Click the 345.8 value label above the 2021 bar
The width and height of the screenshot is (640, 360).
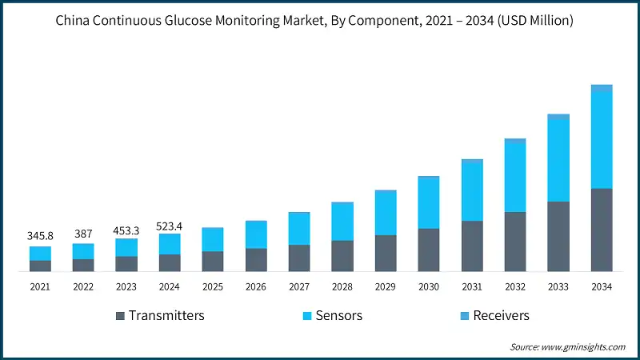pos(40,237)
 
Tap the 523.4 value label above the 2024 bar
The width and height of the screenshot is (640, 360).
pos(169,225)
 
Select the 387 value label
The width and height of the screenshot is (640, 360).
pos(83,234)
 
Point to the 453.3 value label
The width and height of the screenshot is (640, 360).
pos(126,230)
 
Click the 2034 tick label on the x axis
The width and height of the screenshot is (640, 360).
pos(601,286)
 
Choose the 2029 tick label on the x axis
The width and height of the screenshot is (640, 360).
pos(386,286)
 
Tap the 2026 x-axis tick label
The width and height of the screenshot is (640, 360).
pos(256,286)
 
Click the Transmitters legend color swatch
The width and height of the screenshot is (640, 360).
pos(121,316)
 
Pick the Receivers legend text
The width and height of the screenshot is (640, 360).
pos(501,315)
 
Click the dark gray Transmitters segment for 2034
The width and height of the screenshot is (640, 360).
pos(601,230)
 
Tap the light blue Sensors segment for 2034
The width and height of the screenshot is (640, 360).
pos(601,140)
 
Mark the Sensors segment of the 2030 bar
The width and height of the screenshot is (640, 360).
pos(429,203)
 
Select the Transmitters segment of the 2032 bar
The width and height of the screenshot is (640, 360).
pos(515,242)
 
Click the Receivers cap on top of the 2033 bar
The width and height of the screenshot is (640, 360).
pos(558,116)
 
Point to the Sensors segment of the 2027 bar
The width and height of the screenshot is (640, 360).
pos(299,229)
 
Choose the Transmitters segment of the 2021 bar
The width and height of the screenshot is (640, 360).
pos(40,266)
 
